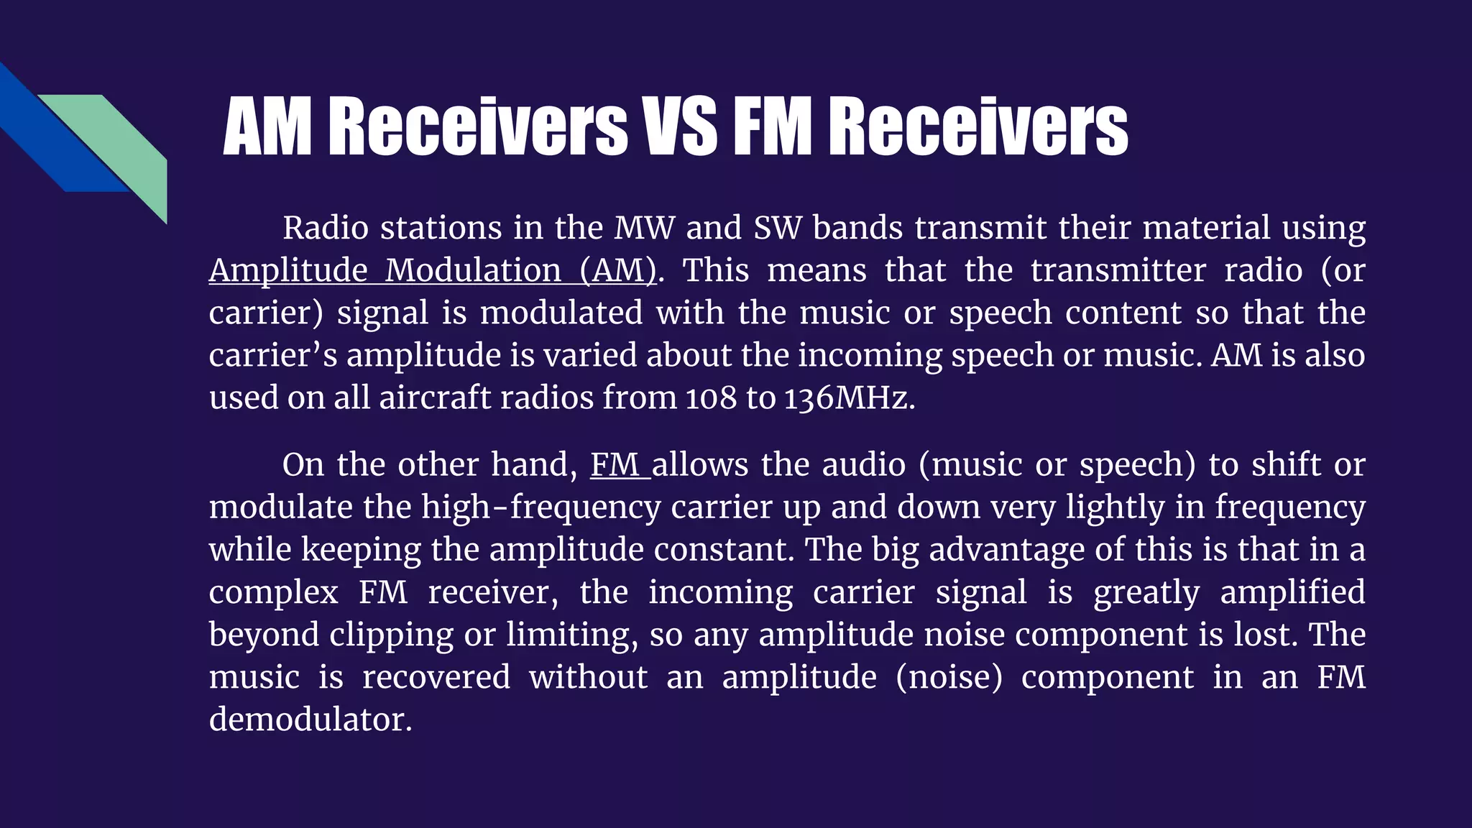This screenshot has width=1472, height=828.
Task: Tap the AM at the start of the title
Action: pyautogui.click(x=267, y=126)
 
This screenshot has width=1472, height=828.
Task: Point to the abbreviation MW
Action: pyautogui.click(x=644, y=229)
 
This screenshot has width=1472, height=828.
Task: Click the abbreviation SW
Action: pyautogui.click(x=776, y=229)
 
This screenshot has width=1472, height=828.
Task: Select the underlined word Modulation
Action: pyautogui.click(x=473, y=271)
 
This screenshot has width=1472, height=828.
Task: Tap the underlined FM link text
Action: pyautogui.click(x=615, y=465)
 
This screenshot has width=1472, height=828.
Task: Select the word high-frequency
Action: pyautogui.click(x=540, y=507)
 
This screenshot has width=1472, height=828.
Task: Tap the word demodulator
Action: pyautogui.click(x=310, y=719)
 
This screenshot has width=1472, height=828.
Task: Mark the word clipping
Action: pyautogui.click(x=391, y=635)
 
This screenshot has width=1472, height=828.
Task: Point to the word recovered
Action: pyautogui.click(x=436, y=677)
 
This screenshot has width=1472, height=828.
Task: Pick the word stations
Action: pyautogui.click(x=441, y=229)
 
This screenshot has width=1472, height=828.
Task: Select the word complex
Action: pyautogui.click(x=273, y=593)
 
